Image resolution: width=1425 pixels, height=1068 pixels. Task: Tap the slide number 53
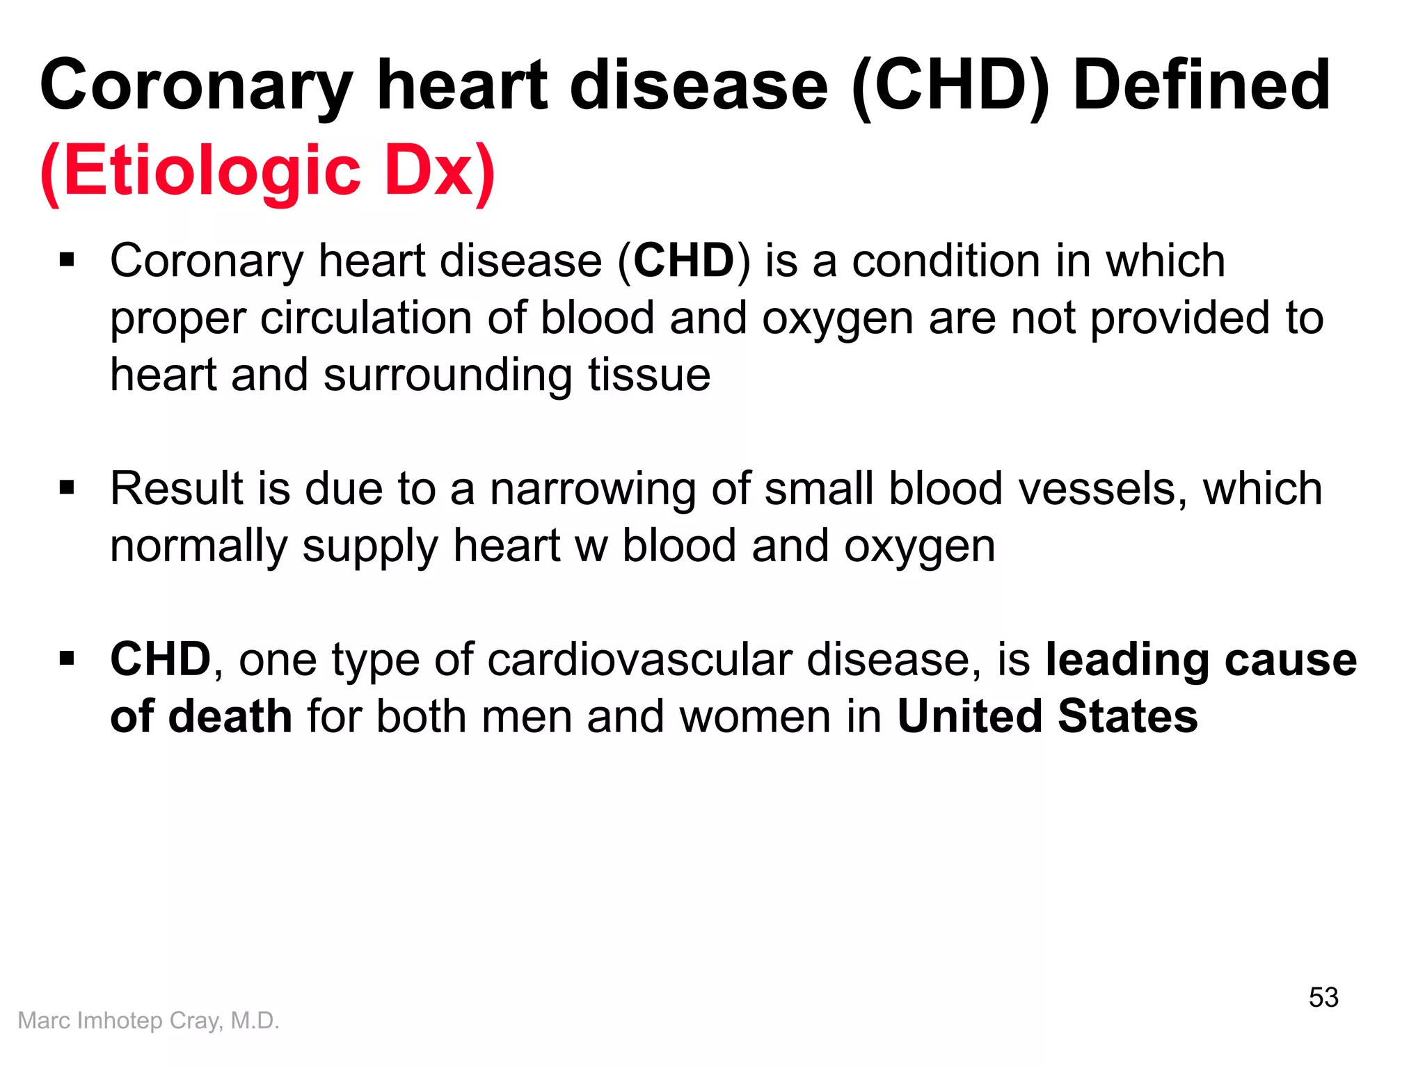click(x=1323, y=997)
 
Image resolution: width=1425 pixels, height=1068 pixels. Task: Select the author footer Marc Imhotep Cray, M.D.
click(x=148, y=1020)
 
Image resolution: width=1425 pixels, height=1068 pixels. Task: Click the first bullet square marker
click(x=67, y=261)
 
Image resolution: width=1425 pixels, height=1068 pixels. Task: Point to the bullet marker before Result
click(x=67, y=488)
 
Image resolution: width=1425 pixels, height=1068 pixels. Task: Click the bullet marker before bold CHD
click(x=67, y=658)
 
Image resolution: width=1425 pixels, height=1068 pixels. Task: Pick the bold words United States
click(x=1047, y=716)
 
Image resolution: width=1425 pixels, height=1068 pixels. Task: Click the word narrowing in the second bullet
click(x=593, y=488)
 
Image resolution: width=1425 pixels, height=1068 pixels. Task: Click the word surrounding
click(x=448, y=375)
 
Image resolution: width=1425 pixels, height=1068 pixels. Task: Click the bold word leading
click(x=1127, y=659)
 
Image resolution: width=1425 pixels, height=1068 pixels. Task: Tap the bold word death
click(x=230, y=716)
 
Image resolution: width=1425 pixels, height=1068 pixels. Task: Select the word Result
click(x=177, y=488)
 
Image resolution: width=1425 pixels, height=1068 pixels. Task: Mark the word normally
click(x=199, y=547)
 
